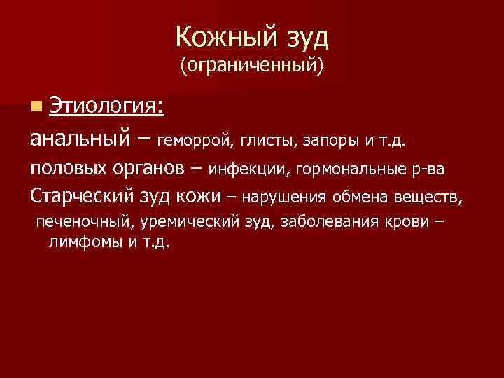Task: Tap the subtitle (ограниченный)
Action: [x=251, y=66]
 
